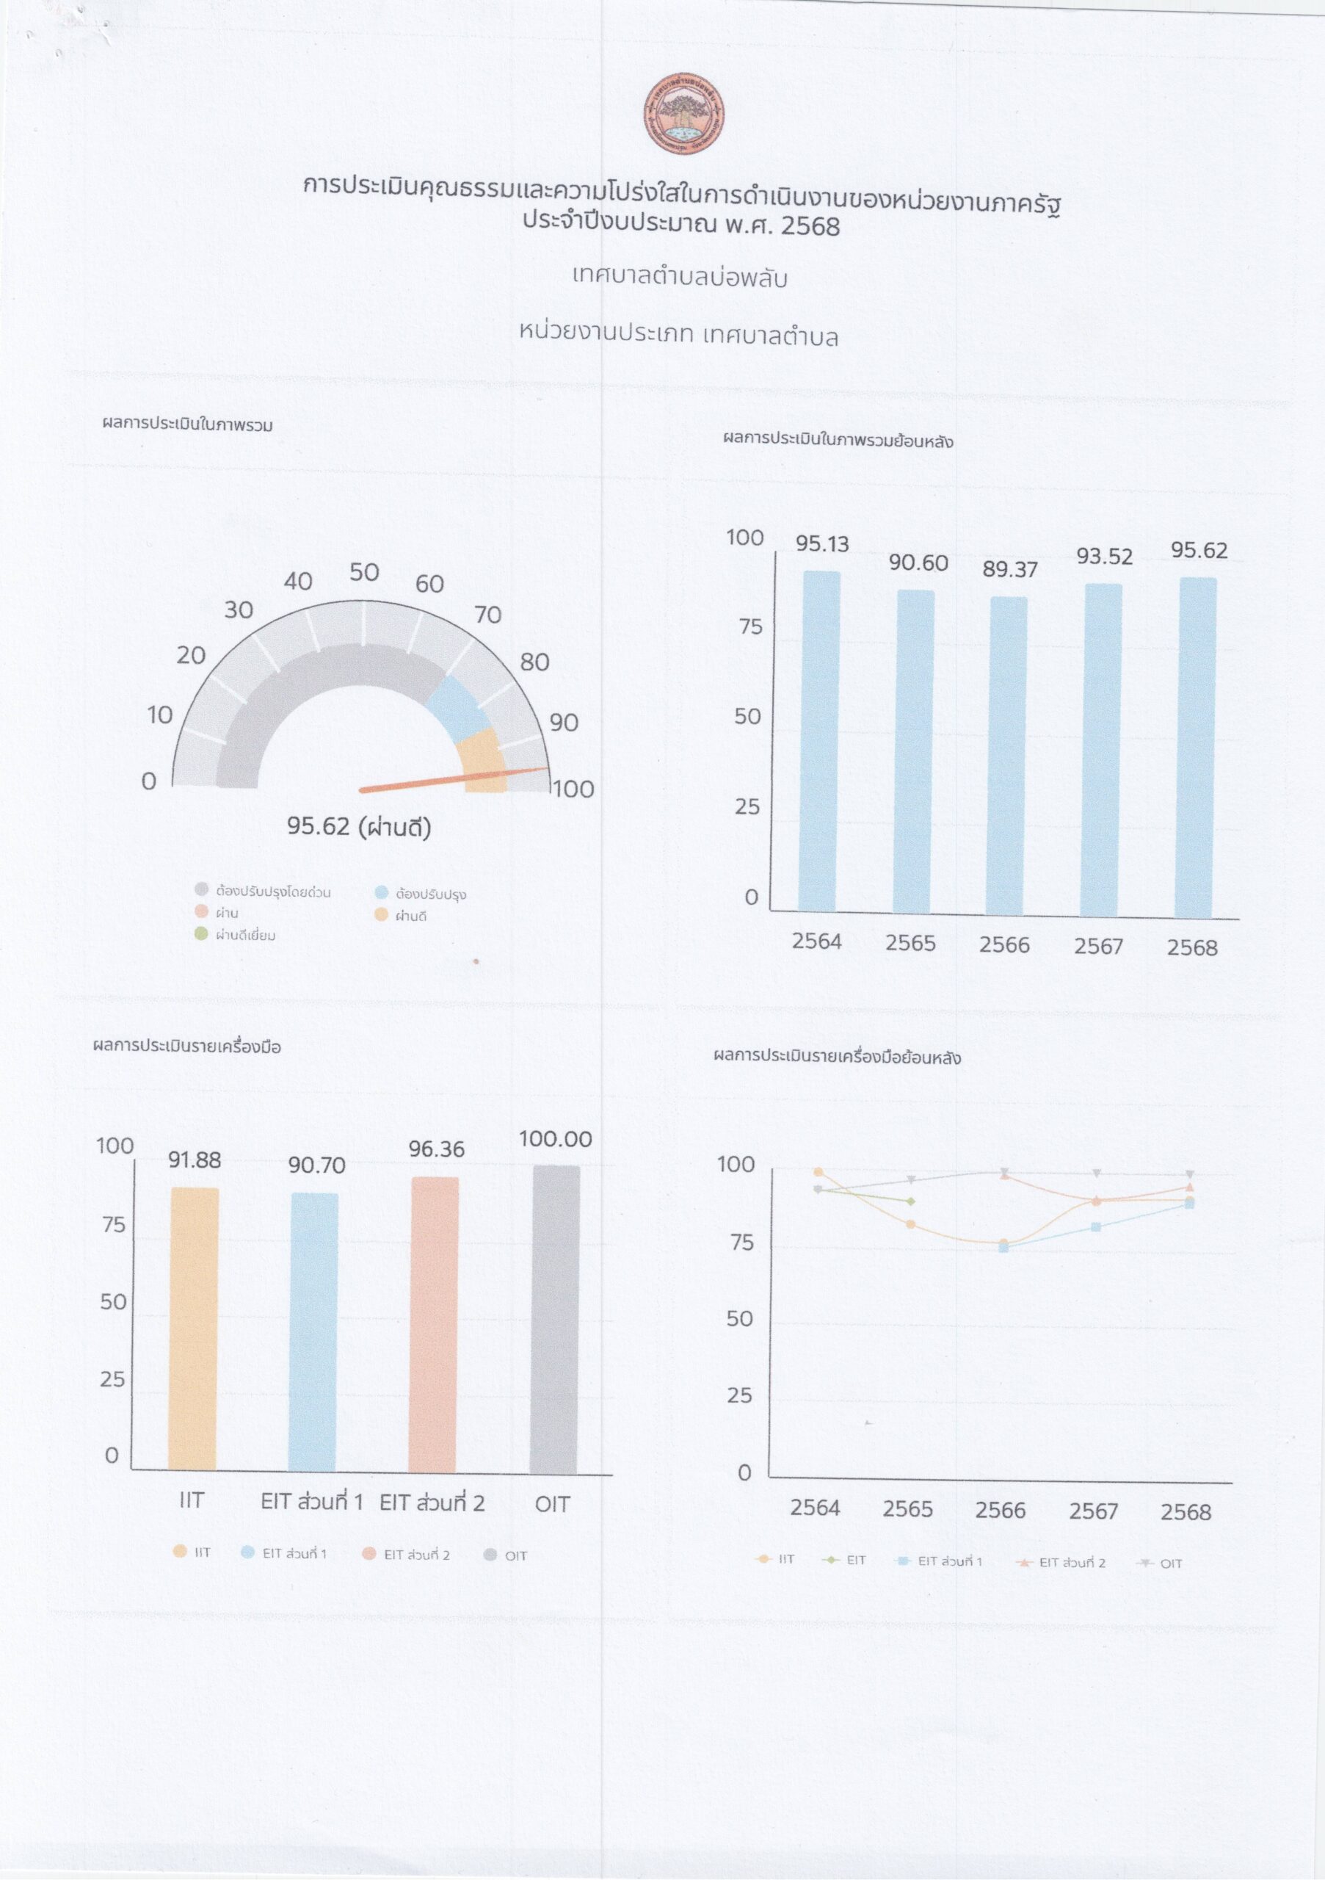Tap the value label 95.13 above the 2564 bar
click(821, 543)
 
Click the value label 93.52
click(1104, 557)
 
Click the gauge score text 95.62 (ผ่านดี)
click(358, 826)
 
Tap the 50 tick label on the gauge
click(364, 572)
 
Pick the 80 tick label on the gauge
click(534, 662)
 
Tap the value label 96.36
click(436, 1149)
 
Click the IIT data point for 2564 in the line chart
click(818, 1172)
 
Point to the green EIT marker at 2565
click(910, 1201)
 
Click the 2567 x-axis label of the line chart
click(1092, 1511)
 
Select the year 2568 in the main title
click(810, 225)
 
